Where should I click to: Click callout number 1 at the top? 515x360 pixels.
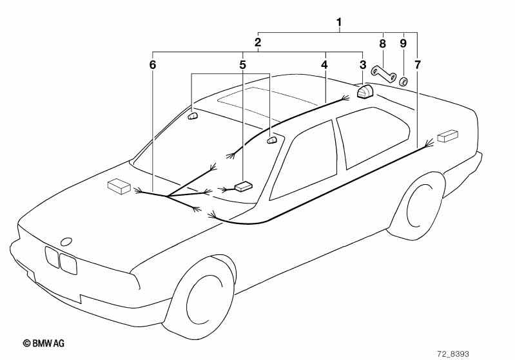339,23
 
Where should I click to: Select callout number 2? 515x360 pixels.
258,43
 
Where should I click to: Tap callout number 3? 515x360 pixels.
363,64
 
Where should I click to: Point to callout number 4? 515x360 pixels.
324,64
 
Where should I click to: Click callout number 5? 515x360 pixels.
242,64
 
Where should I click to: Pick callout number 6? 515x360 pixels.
152,64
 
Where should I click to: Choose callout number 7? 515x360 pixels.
417,64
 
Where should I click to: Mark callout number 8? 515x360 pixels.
382,43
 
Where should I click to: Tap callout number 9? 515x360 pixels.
403,43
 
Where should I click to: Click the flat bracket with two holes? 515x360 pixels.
384,74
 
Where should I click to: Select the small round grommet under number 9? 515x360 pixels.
403,81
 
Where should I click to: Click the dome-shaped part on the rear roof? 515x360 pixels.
364,91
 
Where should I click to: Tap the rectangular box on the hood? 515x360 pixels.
119,186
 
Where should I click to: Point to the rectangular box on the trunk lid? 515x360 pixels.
447,135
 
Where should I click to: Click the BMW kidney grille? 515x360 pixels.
61,260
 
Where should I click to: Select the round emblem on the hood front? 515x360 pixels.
66,242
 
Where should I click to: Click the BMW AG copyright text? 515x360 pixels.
44,343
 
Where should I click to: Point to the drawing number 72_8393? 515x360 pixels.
453,354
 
